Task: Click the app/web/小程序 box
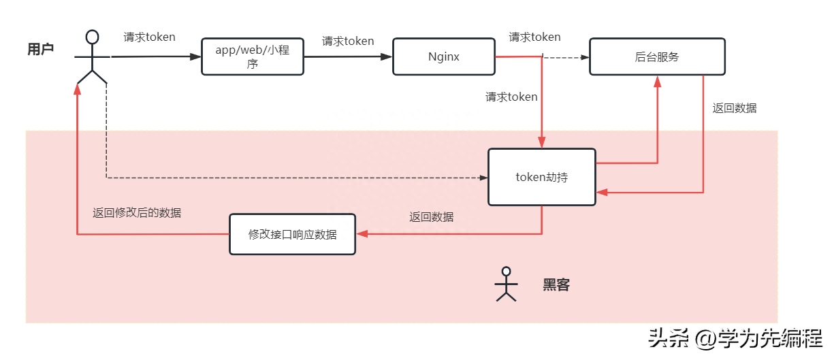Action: pos(253,56)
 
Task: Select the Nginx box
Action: pos(443,56)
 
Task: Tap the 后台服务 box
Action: pos(657,56)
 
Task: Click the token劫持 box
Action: pos(542,177)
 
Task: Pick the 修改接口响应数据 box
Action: pos(292,234)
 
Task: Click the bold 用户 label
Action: pos(41,49)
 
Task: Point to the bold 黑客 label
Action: pos(556,285)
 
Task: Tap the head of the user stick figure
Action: pos(92,37)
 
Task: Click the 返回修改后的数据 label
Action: pos(137,212)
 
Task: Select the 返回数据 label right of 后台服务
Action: pos(735,108)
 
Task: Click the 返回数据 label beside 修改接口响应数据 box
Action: pos(432,217)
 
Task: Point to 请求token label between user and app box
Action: pos(149,37)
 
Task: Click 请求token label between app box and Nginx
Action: pos(348,41)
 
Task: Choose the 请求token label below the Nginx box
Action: pos(511,97)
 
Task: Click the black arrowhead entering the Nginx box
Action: pos(388,56)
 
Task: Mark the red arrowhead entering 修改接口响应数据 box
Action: pos(362,234)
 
